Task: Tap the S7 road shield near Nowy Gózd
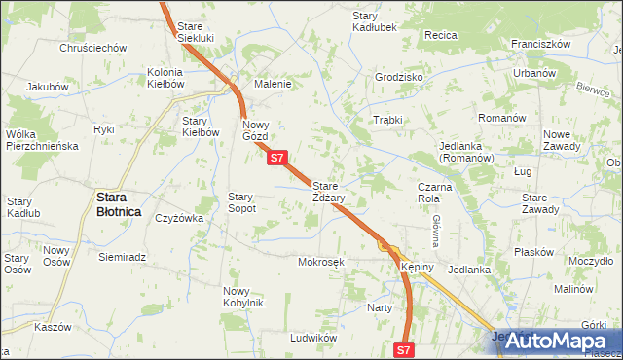(277, 158)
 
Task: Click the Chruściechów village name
(93, 47)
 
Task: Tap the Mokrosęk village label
(322, 262)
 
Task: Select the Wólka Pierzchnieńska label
(41, 139)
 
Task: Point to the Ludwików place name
(312, 337)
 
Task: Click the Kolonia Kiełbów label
(166, 78)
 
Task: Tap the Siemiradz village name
(123, 257)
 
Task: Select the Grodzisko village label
(399, 76)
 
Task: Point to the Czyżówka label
(179, 218)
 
